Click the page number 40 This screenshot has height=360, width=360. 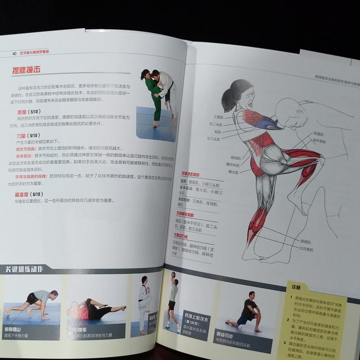click(14, 53)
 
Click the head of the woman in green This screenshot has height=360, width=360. click(146, 75)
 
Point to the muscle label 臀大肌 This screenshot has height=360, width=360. click(233, 172)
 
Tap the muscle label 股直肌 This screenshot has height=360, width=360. click(318, 134)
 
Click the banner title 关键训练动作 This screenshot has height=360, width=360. click(25, 270)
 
